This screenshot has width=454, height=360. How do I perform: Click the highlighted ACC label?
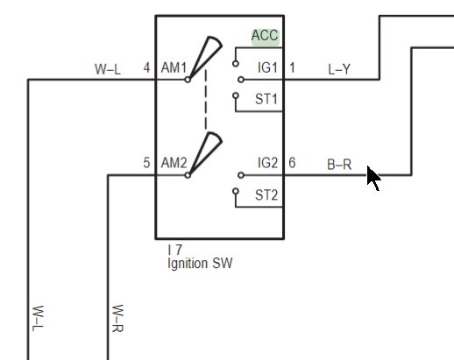[266, 36]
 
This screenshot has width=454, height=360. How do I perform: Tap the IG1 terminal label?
[267, 67]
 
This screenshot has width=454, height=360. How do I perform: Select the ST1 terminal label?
[266, 99]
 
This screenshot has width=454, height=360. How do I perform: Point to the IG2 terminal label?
[267, 163]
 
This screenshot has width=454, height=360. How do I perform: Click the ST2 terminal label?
[266, 194]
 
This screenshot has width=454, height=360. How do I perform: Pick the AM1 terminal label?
[174, 67]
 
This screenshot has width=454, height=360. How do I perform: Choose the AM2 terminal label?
[174, 163]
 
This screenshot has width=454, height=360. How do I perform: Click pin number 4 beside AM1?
[146, 67]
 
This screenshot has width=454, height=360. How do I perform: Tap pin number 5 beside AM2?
[146, 163]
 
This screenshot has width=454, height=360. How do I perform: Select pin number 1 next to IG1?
[292, 67]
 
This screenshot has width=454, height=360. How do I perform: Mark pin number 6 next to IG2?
[292, 163]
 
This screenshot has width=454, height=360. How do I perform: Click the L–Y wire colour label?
[339, 69]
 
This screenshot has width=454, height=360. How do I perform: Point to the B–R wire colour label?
[339, 165]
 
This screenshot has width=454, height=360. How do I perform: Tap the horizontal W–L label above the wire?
[108, 69]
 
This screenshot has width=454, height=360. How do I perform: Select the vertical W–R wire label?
[117, 318]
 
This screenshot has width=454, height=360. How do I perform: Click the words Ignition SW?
[200, 263]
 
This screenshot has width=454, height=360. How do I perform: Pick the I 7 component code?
[175, 250]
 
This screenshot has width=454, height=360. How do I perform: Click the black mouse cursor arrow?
[373, 178]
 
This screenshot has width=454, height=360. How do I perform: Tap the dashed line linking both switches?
[206, 99]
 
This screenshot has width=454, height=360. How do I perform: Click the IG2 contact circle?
[241, 175]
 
